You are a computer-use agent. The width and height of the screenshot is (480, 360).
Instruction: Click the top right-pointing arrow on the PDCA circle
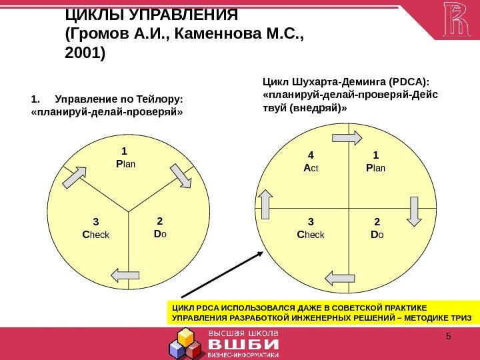click(x=347, y=137)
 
